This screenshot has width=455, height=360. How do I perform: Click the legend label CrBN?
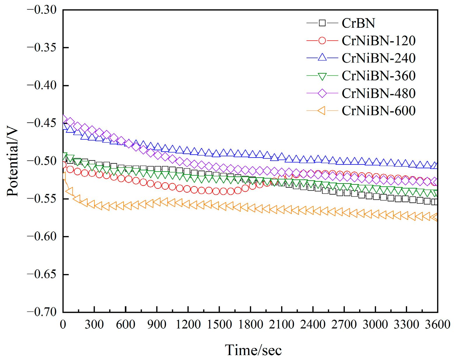click(358, 23)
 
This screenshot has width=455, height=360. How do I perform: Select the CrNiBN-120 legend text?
click(378, 41)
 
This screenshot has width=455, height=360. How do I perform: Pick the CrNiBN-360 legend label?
click(378, 76)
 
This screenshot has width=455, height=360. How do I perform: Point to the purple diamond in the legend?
click(322, 93)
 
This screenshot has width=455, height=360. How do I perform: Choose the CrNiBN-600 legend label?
click(378, 111)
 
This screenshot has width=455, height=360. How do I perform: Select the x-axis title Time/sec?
click(253, 350)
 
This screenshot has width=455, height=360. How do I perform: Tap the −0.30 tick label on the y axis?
click(41, 10)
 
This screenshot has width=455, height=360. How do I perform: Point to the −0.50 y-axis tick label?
click(41, 161)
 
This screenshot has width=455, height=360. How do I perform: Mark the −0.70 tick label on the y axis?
click(41, 312)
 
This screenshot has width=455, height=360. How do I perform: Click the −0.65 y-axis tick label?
click(41, 274)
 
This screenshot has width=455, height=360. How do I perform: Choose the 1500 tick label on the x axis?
click(219, 325)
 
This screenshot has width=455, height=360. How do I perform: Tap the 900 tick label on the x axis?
click(157, 325)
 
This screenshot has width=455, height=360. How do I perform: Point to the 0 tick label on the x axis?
click(63, 325)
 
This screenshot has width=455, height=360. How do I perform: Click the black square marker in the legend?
click(322, 23)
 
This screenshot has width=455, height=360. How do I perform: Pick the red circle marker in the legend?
click(322, 41)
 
